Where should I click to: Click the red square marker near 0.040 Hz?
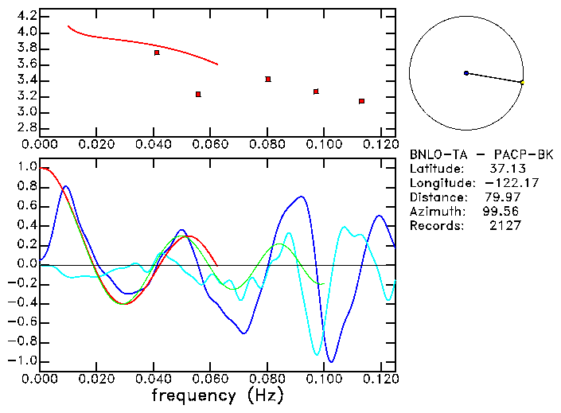[x=157, y=53]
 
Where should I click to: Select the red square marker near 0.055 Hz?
[x=198, y=94]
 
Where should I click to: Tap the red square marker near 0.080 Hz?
[x=268, y=79]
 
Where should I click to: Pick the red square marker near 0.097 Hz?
[x=316, y=92]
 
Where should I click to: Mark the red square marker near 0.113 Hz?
[x=361, y=101]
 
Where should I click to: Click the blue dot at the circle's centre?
[x=466, y=73]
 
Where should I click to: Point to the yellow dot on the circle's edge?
[x=522, y=82]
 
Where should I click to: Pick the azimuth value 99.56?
[x=499, y=212]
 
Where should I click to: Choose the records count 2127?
[x=505, y=226]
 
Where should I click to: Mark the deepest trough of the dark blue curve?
[x=331, y=362]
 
